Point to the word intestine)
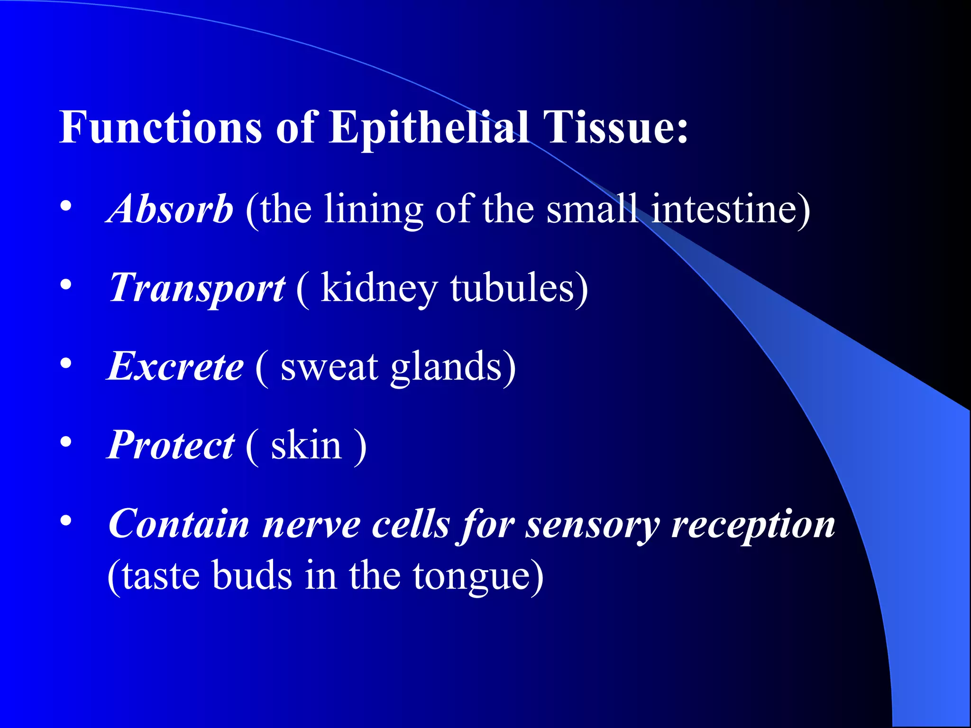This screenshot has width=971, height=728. click(730, 209)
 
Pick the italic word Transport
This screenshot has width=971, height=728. click(197, 288)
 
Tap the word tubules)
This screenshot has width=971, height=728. click(519, 288)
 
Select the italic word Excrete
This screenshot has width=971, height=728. click(175, 366)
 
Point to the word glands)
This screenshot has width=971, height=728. click(453, 366)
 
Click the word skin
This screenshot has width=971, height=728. click(306, 445)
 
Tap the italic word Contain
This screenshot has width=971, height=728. click(179, 524)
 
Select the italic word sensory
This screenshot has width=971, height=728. click(592, 524)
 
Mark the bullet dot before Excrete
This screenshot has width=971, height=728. click(66, 364)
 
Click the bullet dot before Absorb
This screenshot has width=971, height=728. click(66, 206)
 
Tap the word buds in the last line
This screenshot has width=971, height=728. click(252, 575)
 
